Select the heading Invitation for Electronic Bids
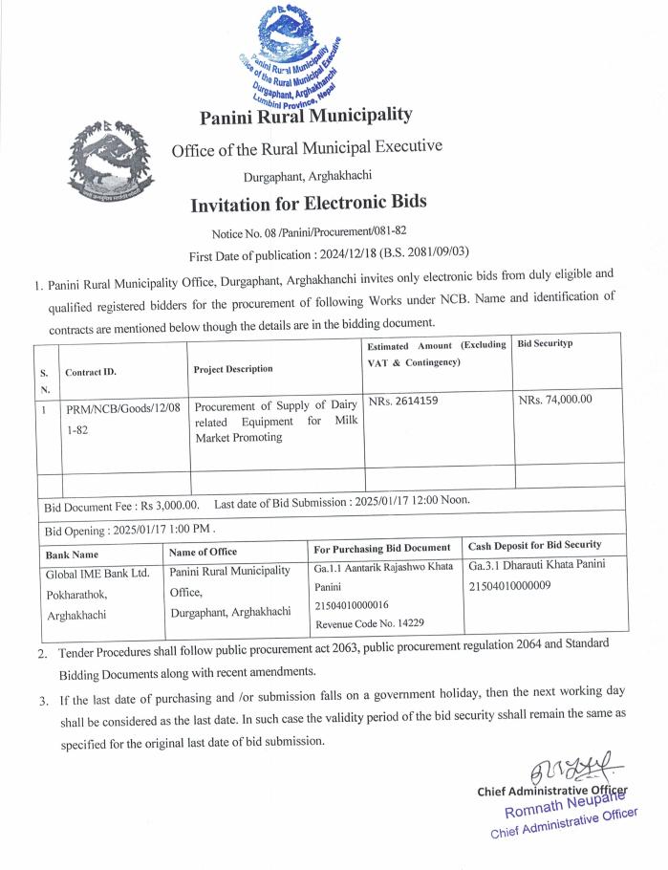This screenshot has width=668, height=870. pos(308,203)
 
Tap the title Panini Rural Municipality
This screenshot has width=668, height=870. pos(306,117)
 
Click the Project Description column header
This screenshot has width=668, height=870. pos(232,368)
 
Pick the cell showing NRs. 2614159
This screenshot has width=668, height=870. pos(403,401)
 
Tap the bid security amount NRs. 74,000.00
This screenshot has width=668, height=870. pos(555,400)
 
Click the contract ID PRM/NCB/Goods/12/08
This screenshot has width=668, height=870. pos(122,409)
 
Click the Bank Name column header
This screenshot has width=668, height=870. pos(72,554)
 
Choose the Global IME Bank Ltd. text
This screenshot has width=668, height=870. pos(98,574)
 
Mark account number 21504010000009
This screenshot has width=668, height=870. pos(510,585)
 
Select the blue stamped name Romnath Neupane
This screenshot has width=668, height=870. pos(568,804)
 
